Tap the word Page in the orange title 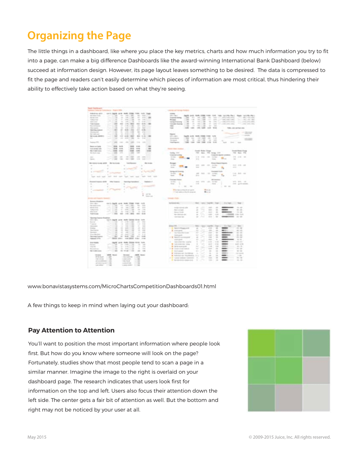pos(115,36)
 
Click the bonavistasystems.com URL pos(122,286)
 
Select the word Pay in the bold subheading pos(34,331)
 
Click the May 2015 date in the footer pos(37,437)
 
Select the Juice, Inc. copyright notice pos(290,437)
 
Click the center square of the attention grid pos(289,371)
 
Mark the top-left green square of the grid pos(261,343)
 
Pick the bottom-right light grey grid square pos(316,398)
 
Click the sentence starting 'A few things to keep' pos(108,305)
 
